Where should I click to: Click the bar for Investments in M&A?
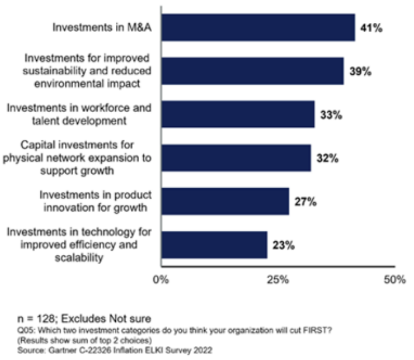258,27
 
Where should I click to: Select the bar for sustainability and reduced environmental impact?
252,71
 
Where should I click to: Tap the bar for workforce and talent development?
237,115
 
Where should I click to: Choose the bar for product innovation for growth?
225,202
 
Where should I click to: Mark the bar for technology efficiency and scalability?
213,245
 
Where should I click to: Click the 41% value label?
371,27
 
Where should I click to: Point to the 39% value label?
360,71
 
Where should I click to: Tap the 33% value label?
331,115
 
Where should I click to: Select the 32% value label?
327,158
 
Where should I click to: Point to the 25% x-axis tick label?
278,279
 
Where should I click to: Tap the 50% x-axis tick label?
395,279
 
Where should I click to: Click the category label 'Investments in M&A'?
103,27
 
